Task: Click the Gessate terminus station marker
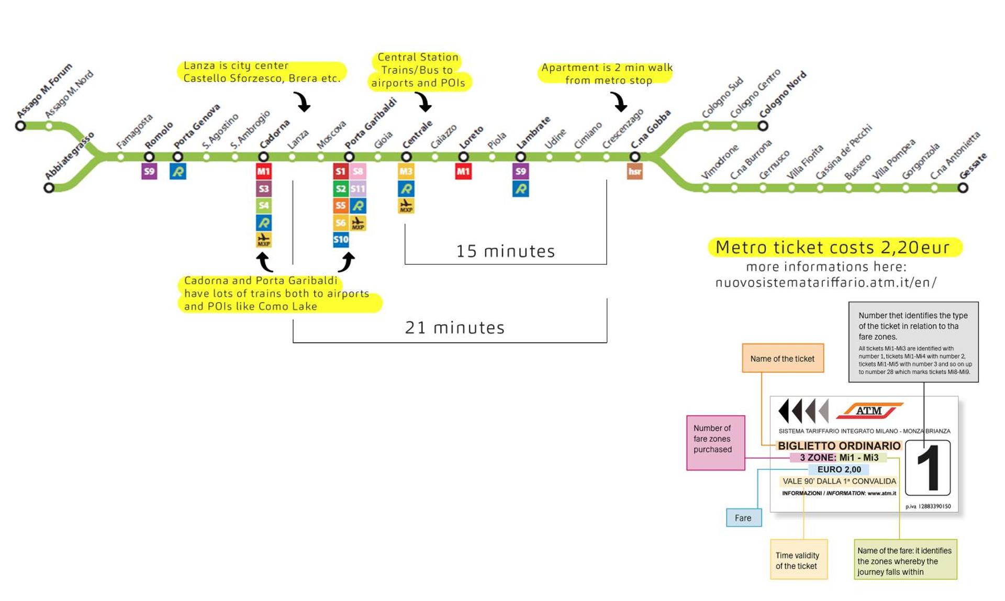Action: click(x=963, y=188)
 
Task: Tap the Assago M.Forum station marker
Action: click(x=20, y=126)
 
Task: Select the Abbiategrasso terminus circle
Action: click(x=49, y=187)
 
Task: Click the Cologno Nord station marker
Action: click(x=763, y=126)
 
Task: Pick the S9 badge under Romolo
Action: click(x=149, y=171)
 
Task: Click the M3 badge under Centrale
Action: click(x=406, y=171)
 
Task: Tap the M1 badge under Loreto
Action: click(x=463, y=171)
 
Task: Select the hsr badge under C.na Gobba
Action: click(x=634, y=171)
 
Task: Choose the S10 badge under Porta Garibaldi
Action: click(x=341, y=240)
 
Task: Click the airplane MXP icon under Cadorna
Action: click(x=264, y=240)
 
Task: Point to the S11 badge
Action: click(x=358, y=188)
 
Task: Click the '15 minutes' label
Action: click(x=505, y=251)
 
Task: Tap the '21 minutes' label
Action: click(x=454, y=328)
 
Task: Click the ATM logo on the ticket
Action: click(x=869, y=411)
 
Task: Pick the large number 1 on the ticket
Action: click(x=928, y=468)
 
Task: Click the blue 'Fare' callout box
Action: click(x=743, y=518)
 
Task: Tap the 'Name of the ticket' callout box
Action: click(x=783, y=359)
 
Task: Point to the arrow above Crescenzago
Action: click(x=619, y=102)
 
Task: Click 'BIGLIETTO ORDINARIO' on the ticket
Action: click(x=839, y=446)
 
